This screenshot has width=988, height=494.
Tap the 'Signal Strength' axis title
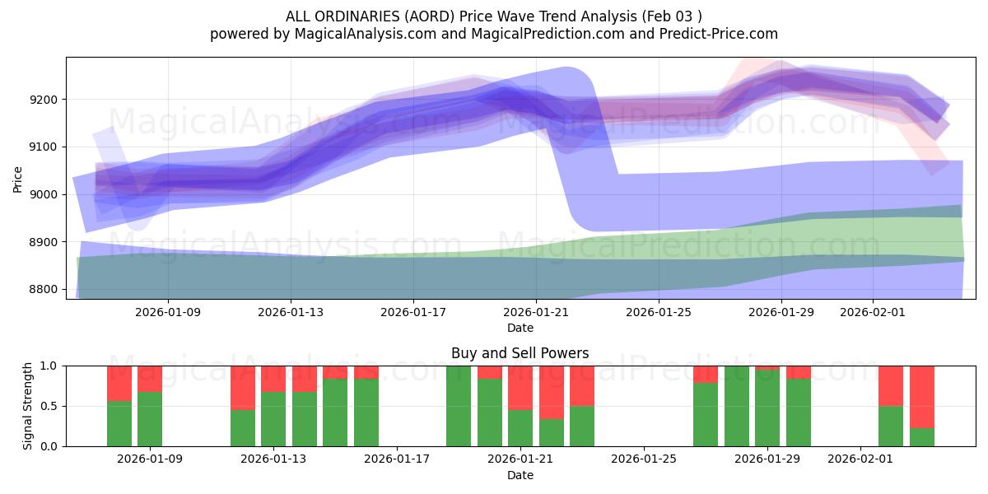[x=29, y=405]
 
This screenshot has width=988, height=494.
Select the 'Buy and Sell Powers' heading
[x=520, y=353]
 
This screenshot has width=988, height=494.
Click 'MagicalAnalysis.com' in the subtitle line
[x=359, y=34]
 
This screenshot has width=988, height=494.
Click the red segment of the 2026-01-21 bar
[x=520, y=387]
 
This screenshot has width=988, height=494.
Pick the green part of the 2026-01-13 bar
[x=273, y=419]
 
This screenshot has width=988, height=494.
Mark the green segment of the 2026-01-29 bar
[x=767, y=408]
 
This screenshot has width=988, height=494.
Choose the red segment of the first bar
[x=119, y=383]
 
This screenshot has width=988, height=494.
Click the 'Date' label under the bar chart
[x=520, y=475]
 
